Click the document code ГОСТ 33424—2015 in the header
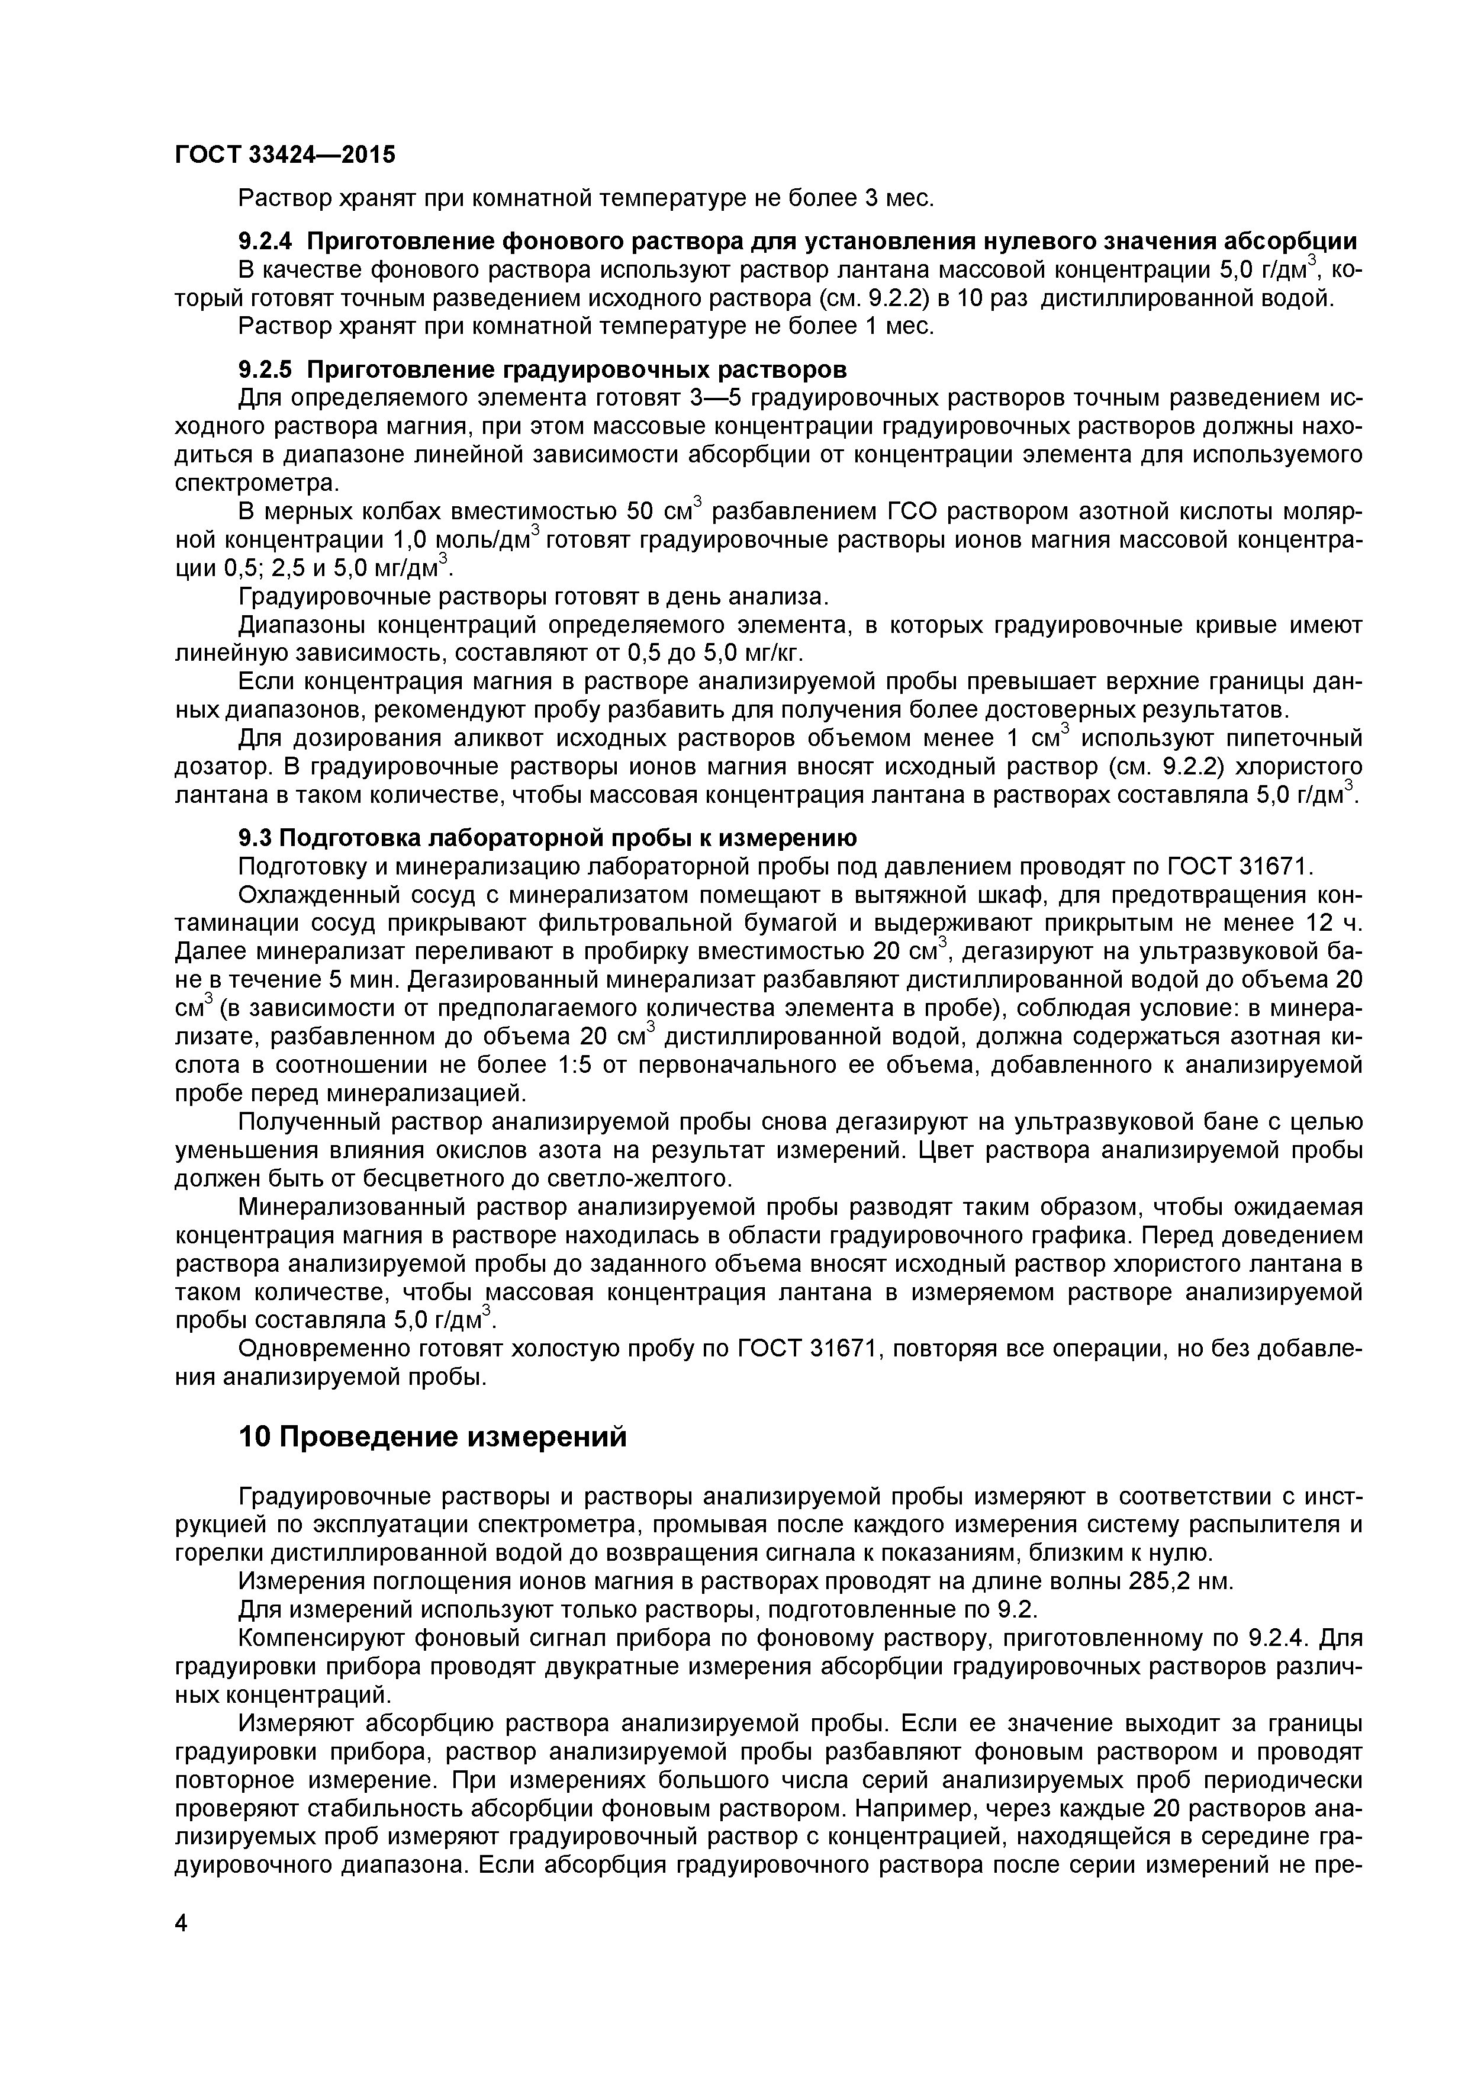(x=285, y=155)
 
